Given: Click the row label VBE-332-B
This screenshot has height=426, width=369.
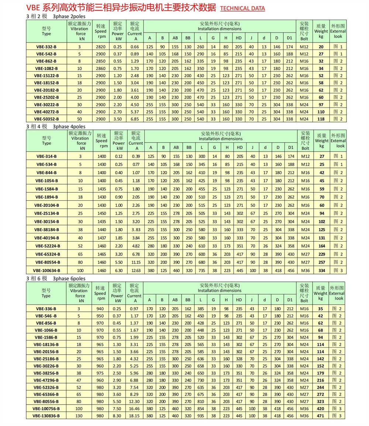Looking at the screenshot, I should point(46,47).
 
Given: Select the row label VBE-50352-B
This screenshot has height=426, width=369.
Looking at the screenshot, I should point(46,119).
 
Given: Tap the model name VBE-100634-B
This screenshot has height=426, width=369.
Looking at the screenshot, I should point(46,270).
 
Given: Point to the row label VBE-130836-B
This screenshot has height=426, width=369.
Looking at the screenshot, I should point(46,416).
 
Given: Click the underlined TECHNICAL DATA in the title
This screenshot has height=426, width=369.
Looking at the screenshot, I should point(242,8).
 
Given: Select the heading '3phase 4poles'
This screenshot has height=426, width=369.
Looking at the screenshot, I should point(69,126).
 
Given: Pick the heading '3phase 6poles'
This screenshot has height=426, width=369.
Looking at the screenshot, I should point(69,278).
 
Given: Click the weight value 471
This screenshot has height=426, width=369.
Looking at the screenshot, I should point(320,416).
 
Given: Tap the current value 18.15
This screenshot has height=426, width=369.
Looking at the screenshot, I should point(135,416).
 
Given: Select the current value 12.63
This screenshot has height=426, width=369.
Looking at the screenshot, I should point(136,270).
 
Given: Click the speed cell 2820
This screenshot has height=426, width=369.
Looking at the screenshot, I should point(100,47).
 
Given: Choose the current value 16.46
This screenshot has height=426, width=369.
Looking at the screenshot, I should point(135,409).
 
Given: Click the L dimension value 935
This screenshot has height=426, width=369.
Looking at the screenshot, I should point(200,416).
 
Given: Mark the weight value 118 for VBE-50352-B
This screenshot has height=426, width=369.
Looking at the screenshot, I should point(321,119).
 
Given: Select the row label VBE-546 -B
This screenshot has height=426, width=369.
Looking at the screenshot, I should point(46,316).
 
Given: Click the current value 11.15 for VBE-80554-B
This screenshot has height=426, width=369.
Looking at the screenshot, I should point(136,262).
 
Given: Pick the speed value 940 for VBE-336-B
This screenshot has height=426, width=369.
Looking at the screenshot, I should point(100,308).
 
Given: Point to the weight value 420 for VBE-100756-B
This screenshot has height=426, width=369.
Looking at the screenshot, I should point(320,409).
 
